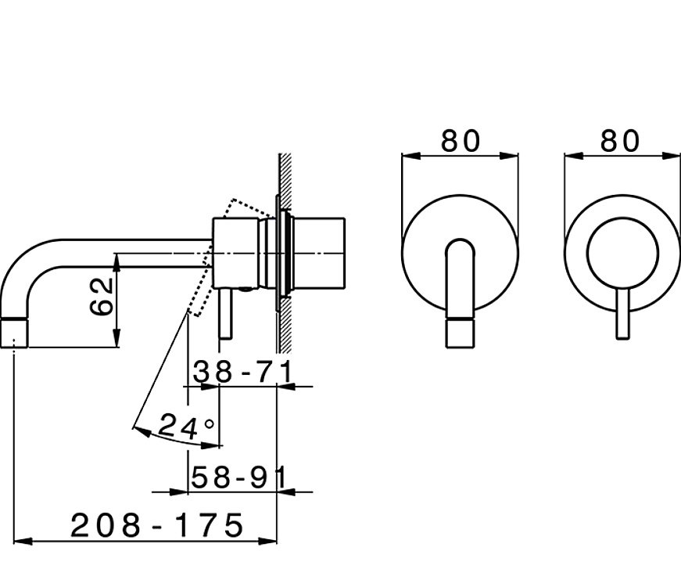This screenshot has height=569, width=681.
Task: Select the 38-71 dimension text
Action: click(243, 372)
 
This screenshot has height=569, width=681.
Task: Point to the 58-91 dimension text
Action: click(239, 477)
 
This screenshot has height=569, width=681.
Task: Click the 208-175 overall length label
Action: click(157, 525)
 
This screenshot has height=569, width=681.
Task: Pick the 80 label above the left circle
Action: click(461, 141)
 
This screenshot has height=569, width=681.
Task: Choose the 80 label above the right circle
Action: click(620, 141)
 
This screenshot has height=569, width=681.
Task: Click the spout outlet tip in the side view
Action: click(15, 333)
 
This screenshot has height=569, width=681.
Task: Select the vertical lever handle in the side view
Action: click(226, 314)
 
